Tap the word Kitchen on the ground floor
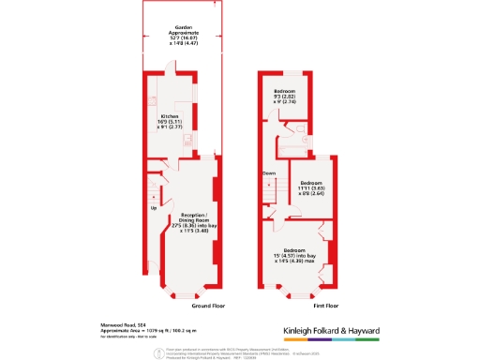tap(169, 116)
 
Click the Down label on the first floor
tap(268, 173)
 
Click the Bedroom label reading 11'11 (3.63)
tap(310, 182)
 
